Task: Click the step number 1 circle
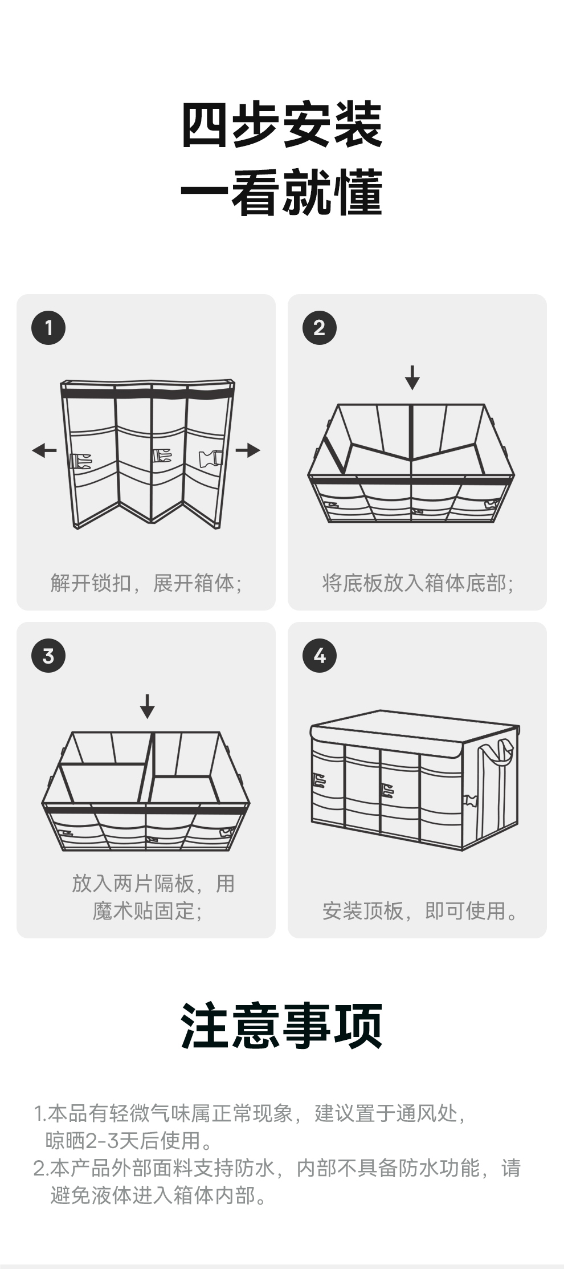(x=48, y=328)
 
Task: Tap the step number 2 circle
(x=319, y=328)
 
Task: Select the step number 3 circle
(x=48, y=656)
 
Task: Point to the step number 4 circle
(x=319, y=656)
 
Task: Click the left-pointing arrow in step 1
(x=44, y=450)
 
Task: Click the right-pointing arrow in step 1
(x=248, y=450)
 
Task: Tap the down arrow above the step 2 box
(x=412, y=377)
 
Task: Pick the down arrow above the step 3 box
(x=147, y=706)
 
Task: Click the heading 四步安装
(x=281, y=125)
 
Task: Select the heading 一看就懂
(x=281, y=193)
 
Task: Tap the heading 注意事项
(x=281, y=1027)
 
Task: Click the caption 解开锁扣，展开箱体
(x=146, y=583)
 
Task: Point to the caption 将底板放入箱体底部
(x=418, y=583)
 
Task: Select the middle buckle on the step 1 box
(x=162, y=456)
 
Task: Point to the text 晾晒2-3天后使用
(x=129, y=1140)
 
